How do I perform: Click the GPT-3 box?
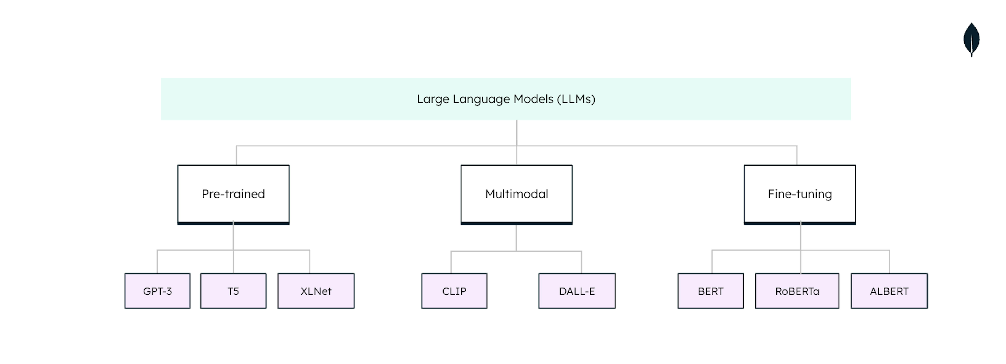pos(157,291)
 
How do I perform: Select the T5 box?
pos(233,291)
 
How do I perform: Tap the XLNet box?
pos(316,291)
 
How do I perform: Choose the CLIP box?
pos(454,291)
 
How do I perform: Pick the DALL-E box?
pos(577,291)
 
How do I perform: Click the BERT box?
pos(710,291)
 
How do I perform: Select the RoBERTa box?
pos(797,291)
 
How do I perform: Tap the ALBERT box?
pos(889,291)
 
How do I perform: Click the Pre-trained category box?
pos(233,194)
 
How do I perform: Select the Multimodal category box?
pos(516,194)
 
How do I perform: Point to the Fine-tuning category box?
pos(800,194)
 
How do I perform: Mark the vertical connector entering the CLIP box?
pos(451,262)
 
